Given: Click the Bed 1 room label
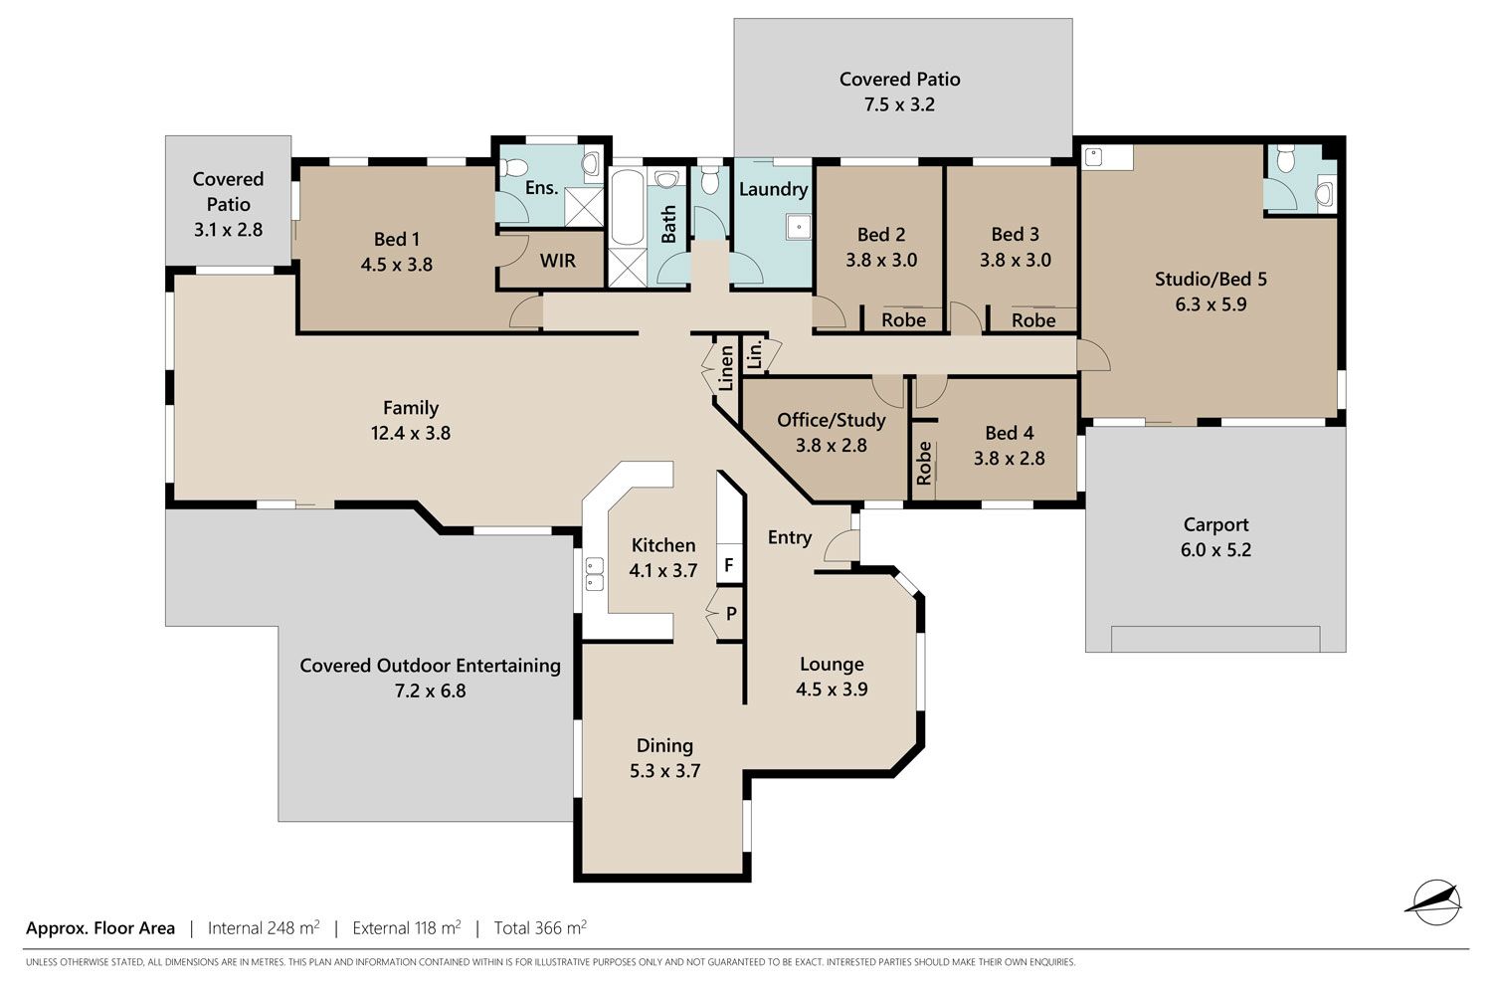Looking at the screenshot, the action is click(x=397, y=239).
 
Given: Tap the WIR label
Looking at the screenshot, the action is click(x=557, y=261).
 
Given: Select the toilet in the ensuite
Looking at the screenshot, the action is click(x=514, y=166).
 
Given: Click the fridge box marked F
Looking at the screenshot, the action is click(x=729, y=565).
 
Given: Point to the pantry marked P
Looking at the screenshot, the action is click(x=730, y=613).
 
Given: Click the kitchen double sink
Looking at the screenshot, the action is click(x=594, y=574).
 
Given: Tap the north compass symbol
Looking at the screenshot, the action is click(x=1436, y=902).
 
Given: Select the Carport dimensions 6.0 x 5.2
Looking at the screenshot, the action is click(x=1216, y=550).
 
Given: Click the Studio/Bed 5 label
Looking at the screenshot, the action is click(x=1211, y=279).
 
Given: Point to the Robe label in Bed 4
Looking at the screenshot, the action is click(x=924, y=463).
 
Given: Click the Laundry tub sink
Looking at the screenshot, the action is click(x=798, y=227).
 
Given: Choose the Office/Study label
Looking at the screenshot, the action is click(x=832, y=420).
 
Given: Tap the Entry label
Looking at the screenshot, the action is click(x=790, y=537).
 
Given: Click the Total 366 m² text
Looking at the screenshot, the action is click(x=540, y=927).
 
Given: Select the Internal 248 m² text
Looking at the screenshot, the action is click(x=264, y=927).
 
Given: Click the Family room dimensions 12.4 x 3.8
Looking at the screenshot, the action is click(x=411, y=433).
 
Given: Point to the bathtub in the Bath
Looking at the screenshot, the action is click(x=627, y=208).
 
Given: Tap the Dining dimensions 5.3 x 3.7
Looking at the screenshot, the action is click(x=664, y=771).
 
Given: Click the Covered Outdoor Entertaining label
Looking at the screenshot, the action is click(x=431, y=665).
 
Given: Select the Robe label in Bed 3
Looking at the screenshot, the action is click(x=1033, y=320).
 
